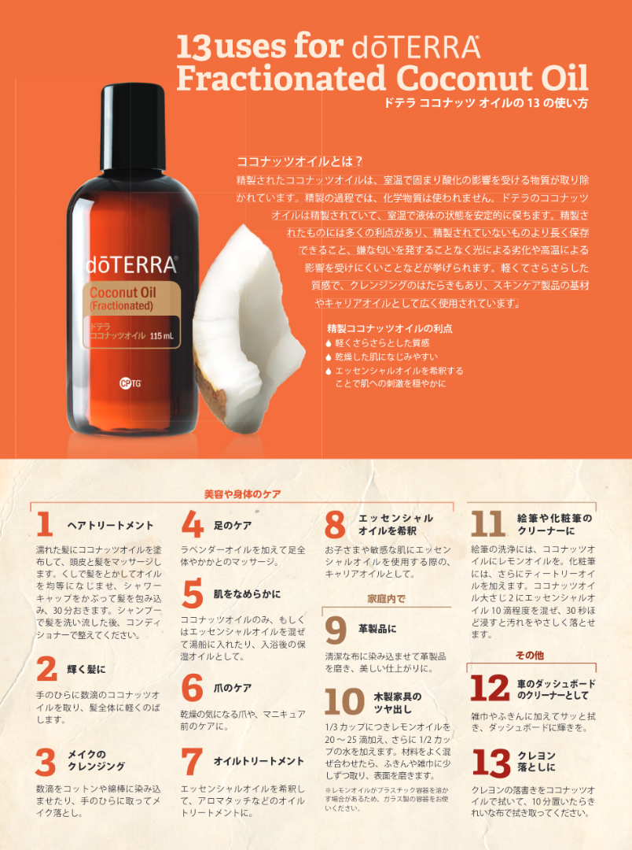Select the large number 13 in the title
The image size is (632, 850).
click(193, 48)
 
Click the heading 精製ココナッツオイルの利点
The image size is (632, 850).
click(389, 328)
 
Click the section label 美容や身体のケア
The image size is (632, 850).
click(242, 494)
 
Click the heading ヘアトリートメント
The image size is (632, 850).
click(110, 525)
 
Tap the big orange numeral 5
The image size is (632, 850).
click(193, 594)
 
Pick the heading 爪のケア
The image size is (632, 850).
click(233, 688)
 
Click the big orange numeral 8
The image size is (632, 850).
click(335, 525)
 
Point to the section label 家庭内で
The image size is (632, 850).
click(386, 599)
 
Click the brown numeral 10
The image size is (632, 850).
click(344, 702)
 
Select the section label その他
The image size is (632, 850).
click(529, 655)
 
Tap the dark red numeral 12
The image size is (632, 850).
click(490, 689)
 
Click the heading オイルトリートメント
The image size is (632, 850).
click(259, 761)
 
